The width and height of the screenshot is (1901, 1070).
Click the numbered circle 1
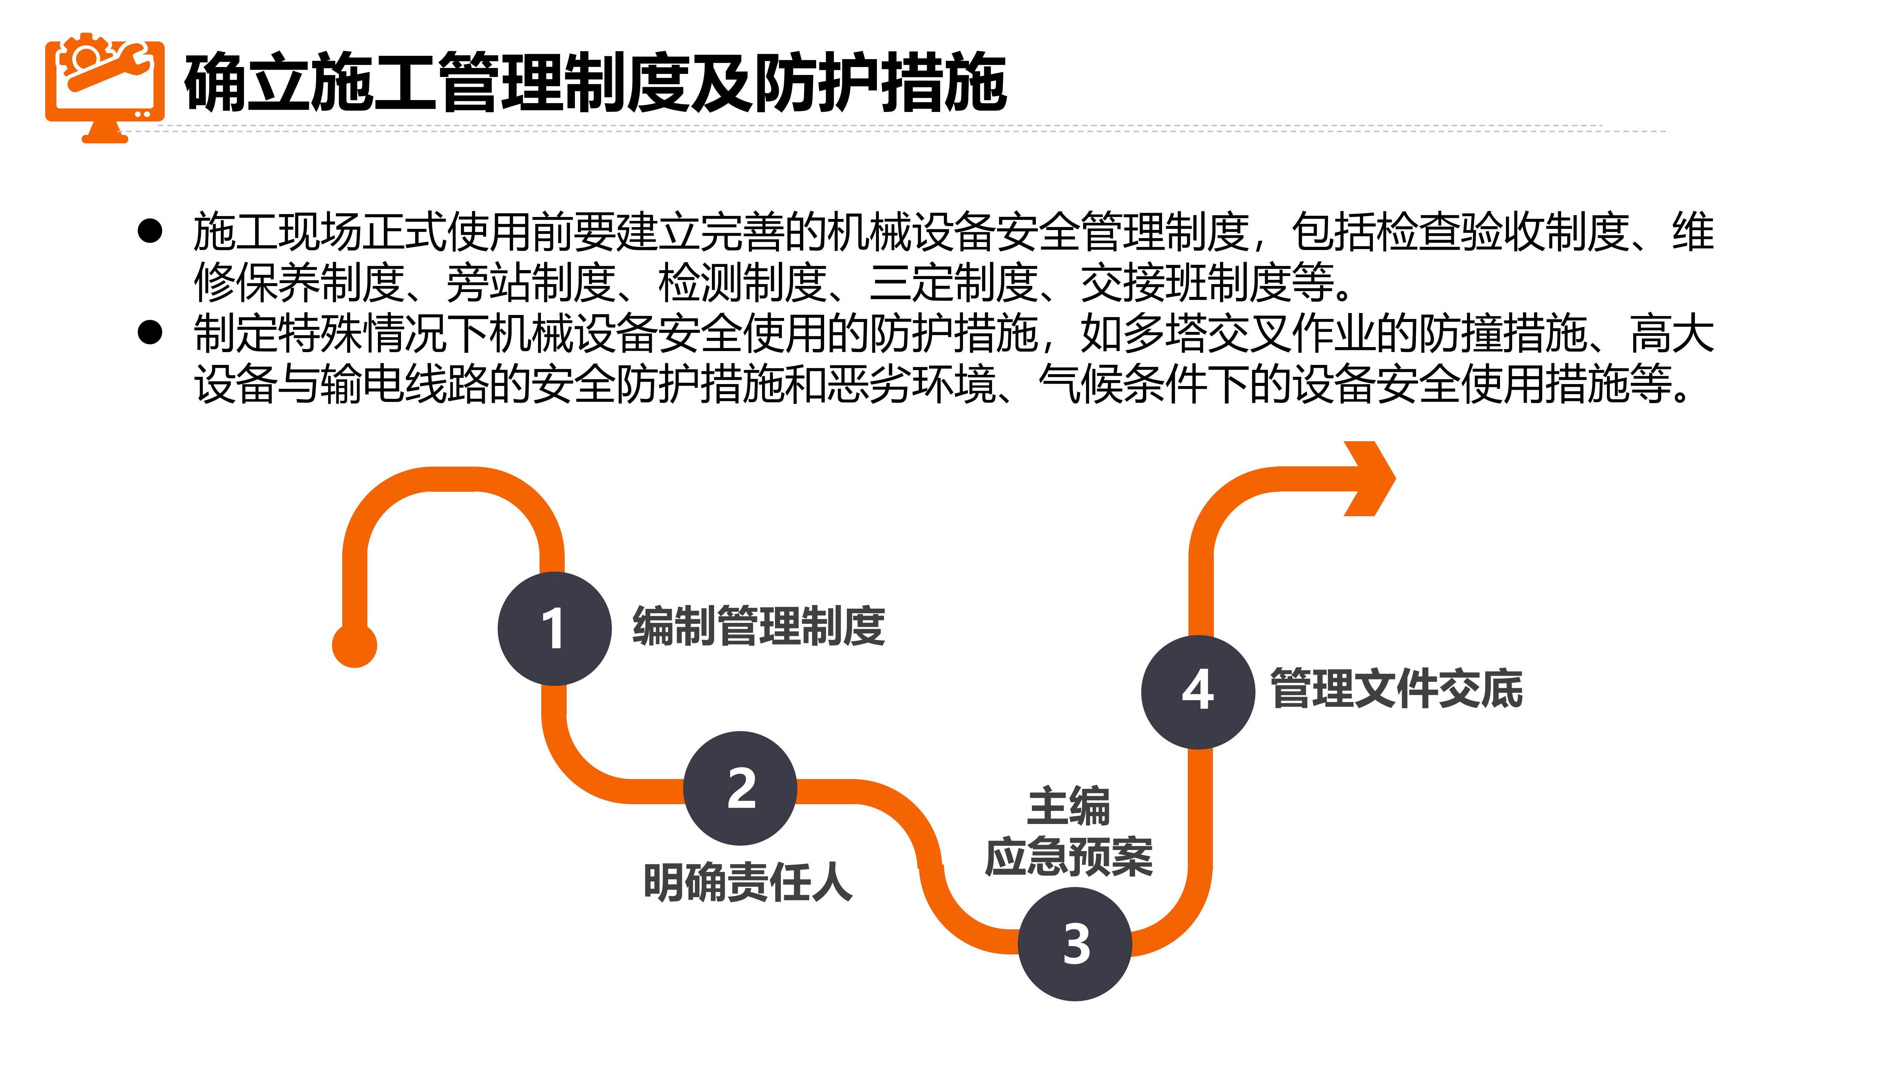point(554,628)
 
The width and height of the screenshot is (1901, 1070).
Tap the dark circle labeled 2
point(740,788)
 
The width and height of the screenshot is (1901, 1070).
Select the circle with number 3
point(1075,944)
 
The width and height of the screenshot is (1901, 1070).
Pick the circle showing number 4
point(1198,691)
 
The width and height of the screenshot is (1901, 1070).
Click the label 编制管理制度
point(759,626)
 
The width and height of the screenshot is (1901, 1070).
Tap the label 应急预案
point(1069,857)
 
